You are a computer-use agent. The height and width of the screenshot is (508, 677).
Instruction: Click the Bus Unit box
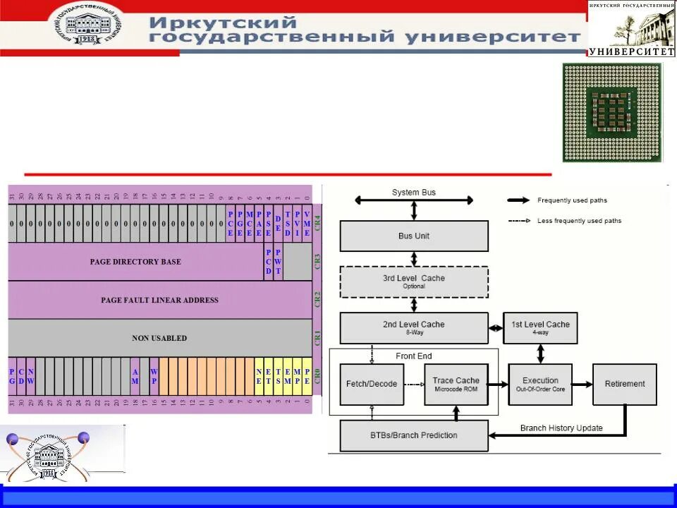pos(414,236)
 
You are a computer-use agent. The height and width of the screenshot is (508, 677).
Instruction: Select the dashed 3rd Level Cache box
pos(414,282)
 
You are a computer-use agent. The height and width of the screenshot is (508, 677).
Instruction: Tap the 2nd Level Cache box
pos(414,328)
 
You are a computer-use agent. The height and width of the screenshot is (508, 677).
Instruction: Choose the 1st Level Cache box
pos(540,328)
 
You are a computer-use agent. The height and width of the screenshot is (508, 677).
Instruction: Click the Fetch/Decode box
pos(372,385)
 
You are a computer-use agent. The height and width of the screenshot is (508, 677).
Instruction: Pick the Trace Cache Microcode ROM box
pos(456,385)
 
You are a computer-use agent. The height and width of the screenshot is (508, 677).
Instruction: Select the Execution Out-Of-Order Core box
pos(540,385)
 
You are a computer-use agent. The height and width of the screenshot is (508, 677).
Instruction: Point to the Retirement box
pos(624,385)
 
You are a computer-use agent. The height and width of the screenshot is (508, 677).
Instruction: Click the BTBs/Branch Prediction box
pos(414,435)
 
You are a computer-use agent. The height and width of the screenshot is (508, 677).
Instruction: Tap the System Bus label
pos(414,193)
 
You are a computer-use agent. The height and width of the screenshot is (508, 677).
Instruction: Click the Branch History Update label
pos(561,428)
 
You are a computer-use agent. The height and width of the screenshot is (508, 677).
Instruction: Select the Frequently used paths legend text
pos(572,200)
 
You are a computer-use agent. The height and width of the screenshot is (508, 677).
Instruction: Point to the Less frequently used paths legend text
pos(579,221)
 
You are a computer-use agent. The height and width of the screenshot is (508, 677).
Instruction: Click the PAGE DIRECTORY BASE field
pos(135,262)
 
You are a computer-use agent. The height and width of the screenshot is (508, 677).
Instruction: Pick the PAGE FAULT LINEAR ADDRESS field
pos(159,300)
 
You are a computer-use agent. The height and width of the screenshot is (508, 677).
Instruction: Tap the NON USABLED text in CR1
pos(159,338)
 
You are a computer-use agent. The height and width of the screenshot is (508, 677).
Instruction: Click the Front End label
pos(414,356)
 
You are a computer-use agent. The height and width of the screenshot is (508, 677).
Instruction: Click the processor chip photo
pos(612,113)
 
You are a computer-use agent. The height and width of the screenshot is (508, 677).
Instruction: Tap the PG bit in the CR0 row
pos(12,376)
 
